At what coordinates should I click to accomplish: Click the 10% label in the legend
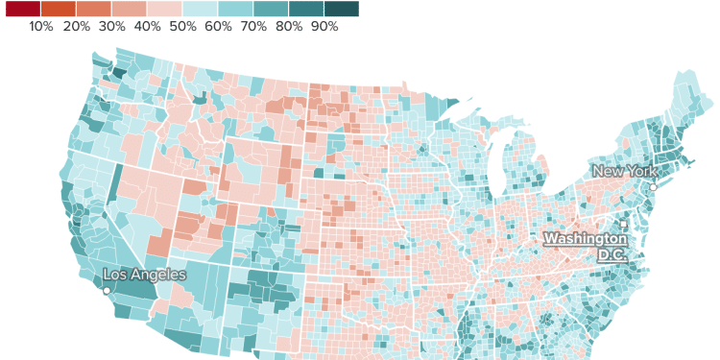(41, 27)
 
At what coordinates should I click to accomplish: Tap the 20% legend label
(77, 27)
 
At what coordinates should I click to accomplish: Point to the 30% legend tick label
(112, 27)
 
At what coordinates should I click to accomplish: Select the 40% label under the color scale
(148, 27)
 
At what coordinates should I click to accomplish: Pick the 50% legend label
(183, 27)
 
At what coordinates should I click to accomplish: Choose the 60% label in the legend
(218, 27)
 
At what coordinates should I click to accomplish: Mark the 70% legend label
(253, 27)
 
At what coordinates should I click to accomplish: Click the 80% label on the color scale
(289, 27)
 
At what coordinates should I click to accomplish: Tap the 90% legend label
(324, 27)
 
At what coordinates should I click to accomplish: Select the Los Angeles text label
(144, 276)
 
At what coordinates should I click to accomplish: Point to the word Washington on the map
(586, 238)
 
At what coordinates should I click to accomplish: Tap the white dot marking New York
(653, 187)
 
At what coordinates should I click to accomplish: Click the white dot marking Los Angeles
(107, 291)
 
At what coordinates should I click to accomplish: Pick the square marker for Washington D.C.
(623, 225)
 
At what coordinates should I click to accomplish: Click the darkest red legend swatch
(23, 10)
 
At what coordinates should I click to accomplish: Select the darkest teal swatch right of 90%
(341, 10)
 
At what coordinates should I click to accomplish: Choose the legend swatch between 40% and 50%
(165, 10)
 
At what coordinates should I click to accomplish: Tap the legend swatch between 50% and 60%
(201, 10)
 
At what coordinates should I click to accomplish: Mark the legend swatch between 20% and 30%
(94, 10)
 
